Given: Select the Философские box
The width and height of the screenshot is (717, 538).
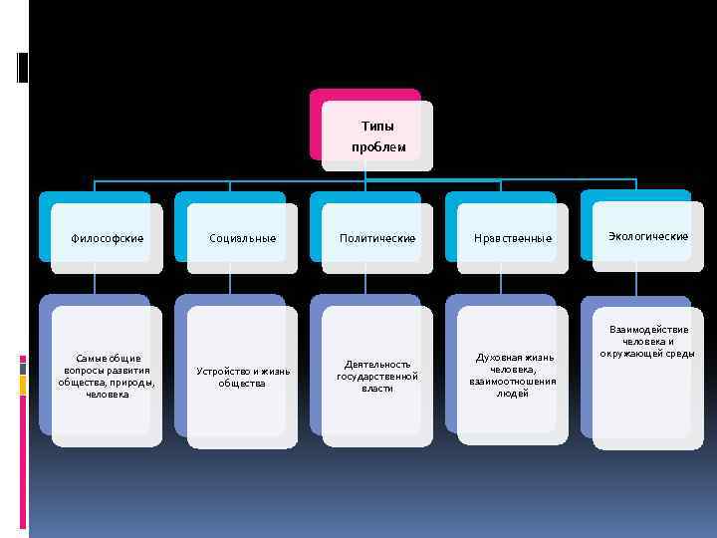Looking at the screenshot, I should click(x=107, y=239).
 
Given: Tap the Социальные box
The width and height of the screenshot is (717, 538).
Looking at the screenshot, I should click(x=242, y=239).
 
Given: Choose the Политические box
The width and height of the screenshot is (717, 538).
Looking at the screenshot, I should click(x=377, y=239).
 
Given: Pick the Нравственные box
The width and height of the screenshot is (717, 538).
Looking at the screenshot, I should click(x=513, y=239).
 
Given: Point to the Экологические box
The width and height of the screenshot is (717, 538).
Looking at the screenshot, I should click(x=648, y=236).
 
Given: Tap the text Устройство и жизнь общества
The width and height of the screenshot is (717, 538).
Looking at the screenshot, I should click(x=243, y=377).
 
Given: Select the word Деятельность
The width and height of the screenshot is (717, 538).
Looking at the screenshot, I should click(x=377, y=365).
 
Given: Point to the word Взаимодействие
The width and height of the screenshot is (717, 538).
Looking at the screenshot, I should click(x=648, y=330).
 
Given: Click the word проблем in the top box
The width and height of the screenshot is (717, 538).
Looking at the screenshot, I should click(x=378, y=147).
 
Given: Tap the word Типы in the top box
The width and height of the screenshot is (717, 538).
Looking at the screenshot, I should click(x=378, y=127).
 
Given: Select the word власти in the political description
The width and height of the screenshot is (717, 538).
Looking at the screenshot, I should click(x=377, y=389).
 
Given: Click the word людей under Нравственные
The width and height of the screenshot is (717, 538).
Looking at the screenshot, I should click(x=513, y=393).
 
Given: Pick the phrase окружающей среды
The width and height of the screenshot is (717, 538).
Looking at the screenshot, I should click(x=648, y=354).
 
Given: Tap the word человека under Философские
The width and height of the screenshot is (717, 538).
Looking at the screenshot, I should click(x=107, y=394).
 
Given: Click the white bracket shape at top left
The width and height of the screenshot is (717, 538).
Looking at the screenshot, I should click(x=21, y=67).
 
